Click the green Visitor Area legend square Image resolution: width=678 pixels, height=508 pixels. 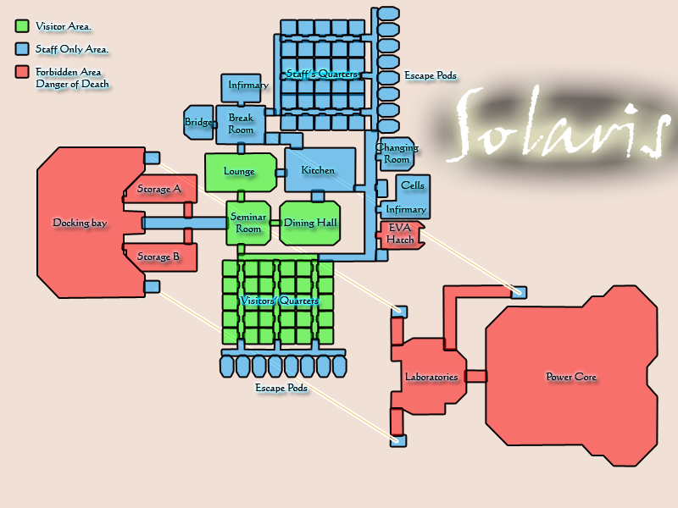[22, 26]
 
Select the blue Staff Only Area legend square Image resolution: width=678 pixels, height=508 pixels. [22, 49]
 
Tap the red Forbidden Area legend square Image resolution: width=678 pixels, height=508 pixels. [22, 72]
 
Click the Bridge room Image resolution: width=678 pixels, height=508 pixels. [198, 123]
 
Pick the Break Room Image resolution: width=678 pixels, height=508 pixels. [241, 124]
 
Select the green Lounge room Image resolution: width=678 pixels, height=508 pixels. [240, 172]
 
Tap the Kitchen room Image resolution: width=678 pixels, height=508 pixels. [318, 170]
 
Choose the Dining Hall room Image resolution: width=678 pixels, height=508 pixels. [310, 223]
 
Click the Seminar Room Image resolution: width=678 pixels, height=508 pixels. [248, 223]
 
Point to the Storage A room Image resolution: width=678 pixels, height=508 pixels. [159, 190]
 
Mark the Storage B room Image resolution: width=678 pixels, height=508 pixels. [159, 257]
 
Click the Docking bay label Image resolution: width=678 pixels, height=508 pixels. [80, 223]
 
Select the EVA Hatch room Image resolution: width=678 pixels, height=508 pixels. [400, 234]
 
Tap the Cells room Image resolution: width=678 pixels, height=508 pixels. [413, 185]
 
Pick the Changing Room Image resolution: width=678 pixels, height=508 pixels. [397, 153]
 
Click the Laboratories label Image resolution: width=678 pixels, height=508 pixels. [431, 377]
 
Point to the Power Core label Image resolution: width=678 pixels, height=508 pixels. [571, 377]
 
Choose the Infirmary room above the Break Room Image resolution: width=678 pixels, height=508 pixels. [247, 86]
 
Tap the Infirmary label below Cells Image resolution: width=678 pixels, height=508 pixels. [405, 209]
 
